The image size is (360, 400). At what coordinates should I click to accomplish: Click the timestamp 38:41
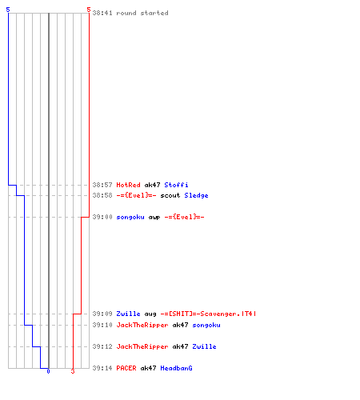tap(102, 13)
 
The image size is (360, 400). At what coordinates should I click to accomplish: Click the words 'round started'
tap(142, 13)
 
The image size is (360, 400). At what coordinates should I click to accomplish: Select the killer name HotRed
tap(128, 185)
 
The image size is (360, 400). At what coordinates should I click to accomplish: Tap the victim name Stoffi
tap(176, 185)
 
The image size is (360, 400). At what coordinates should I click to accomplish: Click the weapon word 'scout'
tap(170, 195)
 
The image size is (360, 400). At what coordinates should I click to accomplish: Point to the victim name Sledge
tap(196, 195)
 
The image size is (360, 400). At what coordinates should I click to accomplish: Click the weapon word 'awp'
tap(154, 217)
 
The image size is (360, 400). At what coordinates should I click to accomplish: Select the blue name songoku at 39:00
tap(130, 217)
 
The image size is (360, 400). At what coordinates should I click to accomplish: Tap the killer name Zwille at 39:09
tap(128, 314)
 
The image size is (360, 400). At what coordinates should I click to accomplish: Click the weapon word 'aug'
tap(150, 314)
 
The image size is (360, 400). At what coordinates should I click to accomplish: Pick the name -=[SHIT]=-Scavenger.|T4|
tap(208, 314)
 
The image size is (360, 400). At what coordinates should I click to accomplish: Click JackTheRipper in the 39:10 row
tap(142, 325)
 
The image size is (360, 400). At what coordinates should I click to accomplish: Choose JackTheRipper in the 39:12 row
tap(142, 346)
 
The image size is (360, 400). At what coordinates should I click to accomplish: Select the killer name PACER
tap(126, 368)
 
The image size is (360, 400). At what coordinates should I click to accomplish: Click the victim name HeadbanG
tap(176, 368)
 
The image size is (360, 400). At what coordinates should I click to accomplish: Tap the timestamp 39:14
tap(102, 368)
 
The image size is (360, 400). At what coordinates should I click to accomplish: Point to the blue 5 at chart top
tap(8, 10)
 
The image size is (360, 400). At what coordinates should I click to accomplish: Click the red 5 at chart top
tap(89, 10)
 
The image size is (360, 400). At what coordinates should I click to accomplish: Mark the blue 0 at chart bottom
tap(48, 371)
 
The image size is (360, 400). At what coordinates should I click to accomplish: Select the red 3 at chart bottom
tap(73, 371)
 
